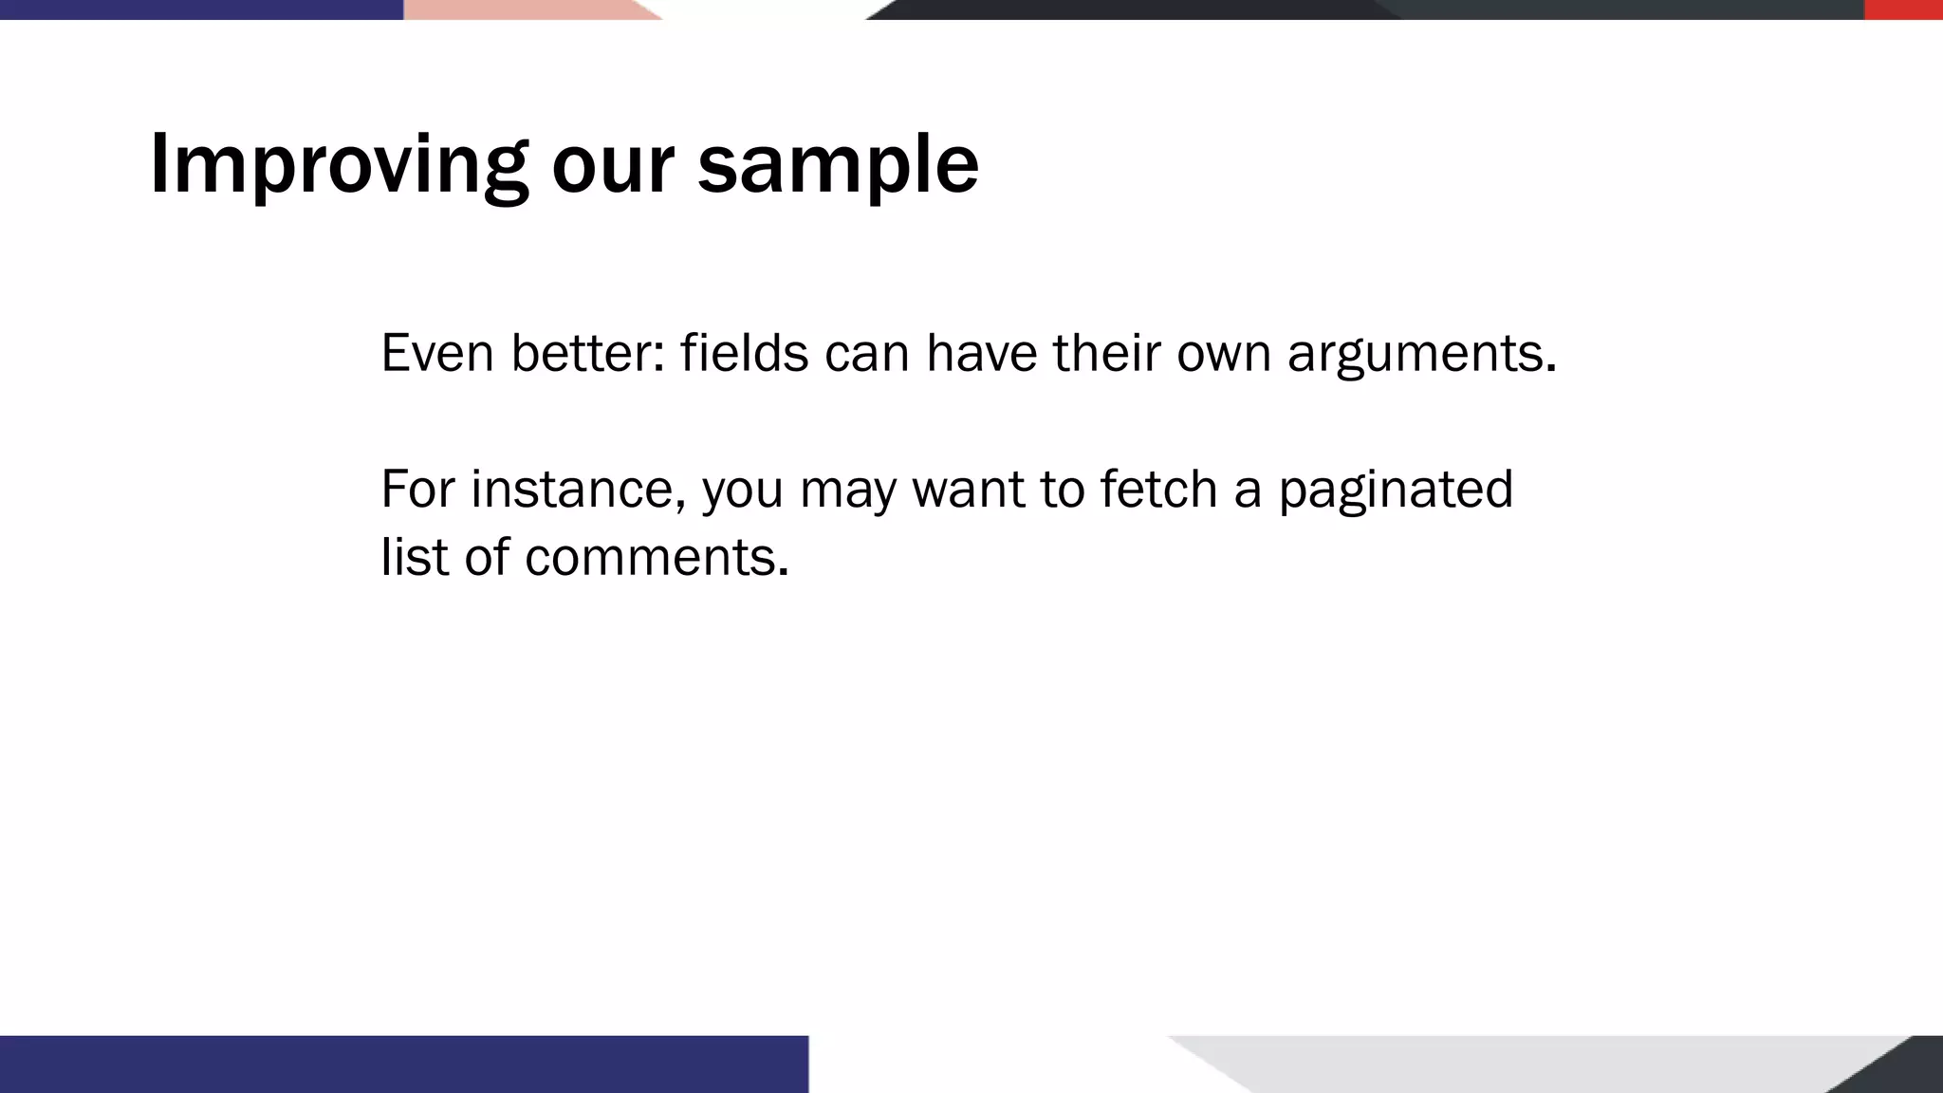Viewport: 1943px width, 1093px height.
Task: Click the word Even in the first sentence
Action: (437, 353)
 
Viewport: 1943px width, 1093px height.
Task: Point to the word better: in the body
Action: (587, 353)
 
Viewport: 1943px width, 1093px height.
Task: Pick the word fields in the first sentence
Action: (744, 353)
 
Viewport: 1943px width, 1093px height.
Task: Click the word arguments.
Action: (1421, 353)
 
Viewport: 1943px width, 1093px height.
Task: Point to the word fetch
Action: (1158, 490)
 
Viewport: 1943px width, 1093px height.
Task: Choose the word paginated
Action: (1396, 490)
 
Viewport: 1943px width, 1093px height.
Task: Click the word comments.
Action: (657, 557)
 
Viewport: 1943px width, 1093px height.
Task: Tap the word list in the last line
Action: (414, 557)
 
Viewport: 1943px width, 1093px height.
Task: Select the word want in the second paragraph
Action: (968, 490)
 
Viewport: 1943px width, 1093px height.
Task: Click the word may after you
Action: (847, 490)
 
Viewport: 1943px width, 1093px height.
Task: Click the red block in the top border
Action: (1903, 9)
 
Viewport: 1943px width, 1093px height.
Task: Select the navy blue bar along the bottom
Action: (403, 1064)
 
